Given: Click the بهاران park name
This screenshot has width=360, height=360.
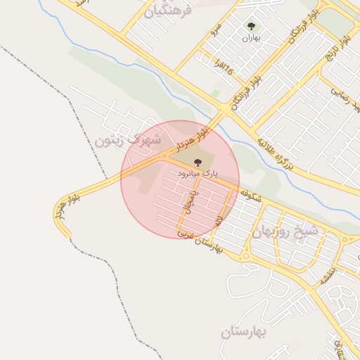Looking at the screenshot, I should (x=251, y=39).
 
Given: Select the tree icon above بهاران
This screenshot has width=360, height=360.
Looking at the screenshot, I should (x=251, y=27).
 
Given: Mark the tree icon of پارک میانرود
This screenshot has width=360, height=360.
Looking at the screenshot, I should (x=197, y=162).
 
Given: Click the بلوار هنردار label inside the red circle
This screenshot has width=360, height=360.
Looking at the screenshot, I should (x=193, y=138).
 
